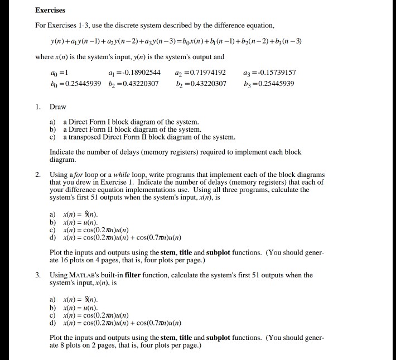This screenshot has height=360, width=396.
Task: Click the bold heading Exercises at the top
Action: click(50, 10)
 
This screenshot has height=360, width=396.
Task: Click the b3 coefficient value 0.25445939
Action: click(275, 84)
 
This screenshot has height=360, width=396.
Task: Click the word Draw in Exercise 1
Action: click(58, 107)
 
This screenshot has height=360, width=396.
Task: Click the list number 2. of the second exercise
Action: click(38, 175)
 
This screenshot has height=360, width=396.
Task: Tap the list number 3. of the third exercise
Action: click(38, 275)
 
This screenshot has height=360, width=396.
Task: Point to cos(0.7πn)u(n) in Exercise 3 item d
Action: click(159, 323)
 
